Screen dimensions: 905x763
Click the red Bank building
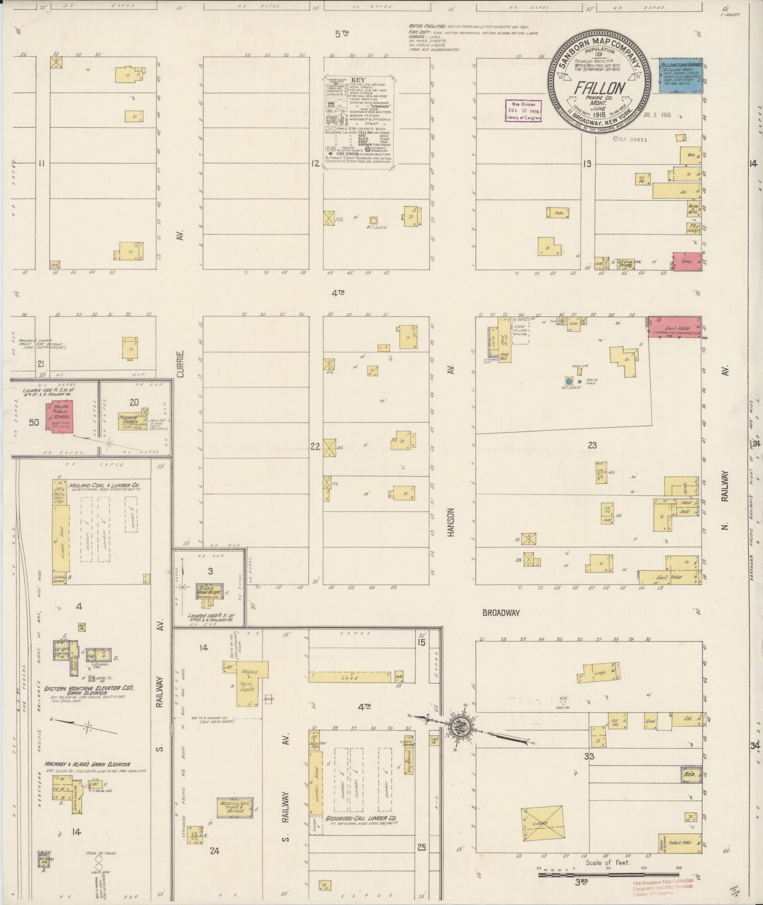[x=686, y=261]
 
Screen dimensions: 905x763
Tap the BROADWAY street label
[x=501, y=613]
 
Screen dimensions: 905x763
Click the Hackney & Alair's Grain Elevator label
[x=88, y=763]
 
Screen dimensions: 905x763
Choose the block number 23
[x=592, y=445]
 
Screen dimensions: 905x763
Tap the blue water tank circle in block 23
[x=569, y=381]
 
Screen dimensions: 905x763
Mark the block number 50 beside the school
[x=34, y=422]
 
